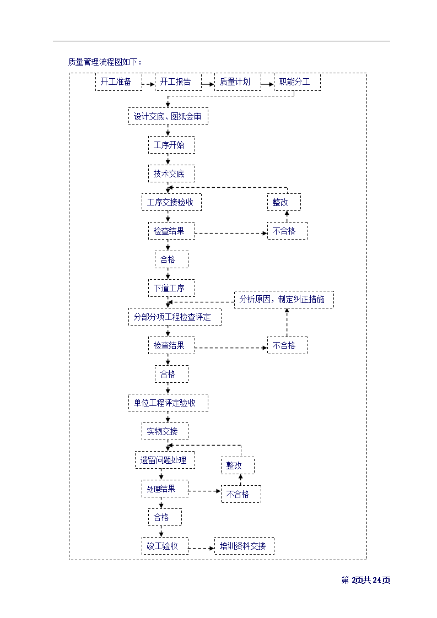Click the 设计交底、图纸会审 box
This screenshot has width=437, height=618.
[168, 116]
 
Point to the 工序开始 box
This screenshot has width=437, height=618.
[171, 145]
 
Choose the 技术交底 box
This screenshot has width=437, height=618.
[171, 174]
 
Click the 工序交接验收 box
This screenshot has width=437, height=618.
[171, 202]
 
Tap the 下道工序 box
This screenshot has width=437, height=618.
[171, 288]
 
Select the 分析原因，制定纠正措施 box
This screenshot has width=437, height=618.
[284, 300]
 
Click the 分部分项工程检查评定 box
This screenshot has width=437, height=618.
[175, 317]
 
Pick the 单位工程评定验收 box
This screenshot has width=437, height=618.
[168, 403]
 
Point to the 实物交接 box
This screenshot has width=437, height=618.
[164, 431]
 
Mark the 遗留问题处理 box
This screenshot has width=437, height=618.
[165, 460]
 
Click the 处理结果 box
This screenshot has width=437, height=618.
[164, 489]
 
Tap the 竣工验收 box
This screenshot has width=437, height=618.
[164, 546]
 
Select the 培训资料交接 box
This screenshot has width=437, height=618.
[244, 546]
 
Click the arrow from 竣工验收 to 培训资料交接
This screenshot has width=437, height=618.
[201, 547]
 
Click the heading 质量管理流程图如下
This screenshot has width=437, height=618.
[105, 62]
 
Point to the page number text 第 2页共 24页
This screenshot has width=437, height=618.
[366, 580]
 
